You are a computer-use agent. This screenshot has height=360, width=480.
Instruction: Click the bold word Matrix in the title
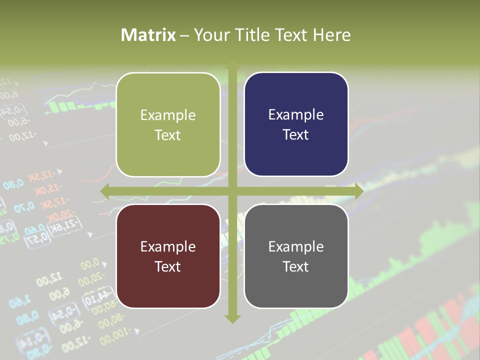pyautogui.click(x=148, y=35)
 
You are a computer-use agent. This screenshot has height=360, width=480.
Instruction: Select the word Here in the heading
pyautogui.click(x=331, y=35)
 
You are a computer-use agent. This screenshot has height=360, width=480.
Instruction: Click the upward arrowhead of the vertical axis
pyautogui.click(x=232, y=65)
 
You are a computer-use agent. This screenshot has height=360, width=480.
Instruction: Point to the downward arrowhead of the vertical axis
pyautogui.click(x=232, y=319)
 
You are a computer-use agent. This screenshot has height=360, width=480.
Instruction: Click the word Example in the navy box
pyautogui.click(x=296, y=115)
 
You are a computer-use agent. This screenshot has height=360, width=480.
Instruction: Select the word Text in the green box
pyautogui.click(x=168, y=135)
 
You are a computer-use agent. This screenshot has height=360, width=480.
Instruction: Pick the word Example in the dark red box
pyautogui.click(x=168, y=246)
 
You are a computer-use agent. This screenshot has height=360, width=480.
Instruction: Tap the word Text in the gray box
pyautogui.click(x=296, y=266)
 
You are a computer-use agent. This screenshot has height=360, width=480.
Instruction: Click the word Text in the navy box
pyautogui.click(x=296, y=135)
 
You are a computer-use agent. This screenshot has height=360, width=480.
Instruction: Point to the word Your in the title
pyautogui.click(x=209, y=35)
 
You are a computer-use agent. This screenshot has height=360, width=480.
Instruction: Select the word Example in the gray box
pyautogui.click(x=296, y=246)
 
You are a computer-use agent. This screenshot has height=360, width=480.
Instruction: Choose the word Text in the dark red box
pyautogui.click(x=168, y=266)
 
